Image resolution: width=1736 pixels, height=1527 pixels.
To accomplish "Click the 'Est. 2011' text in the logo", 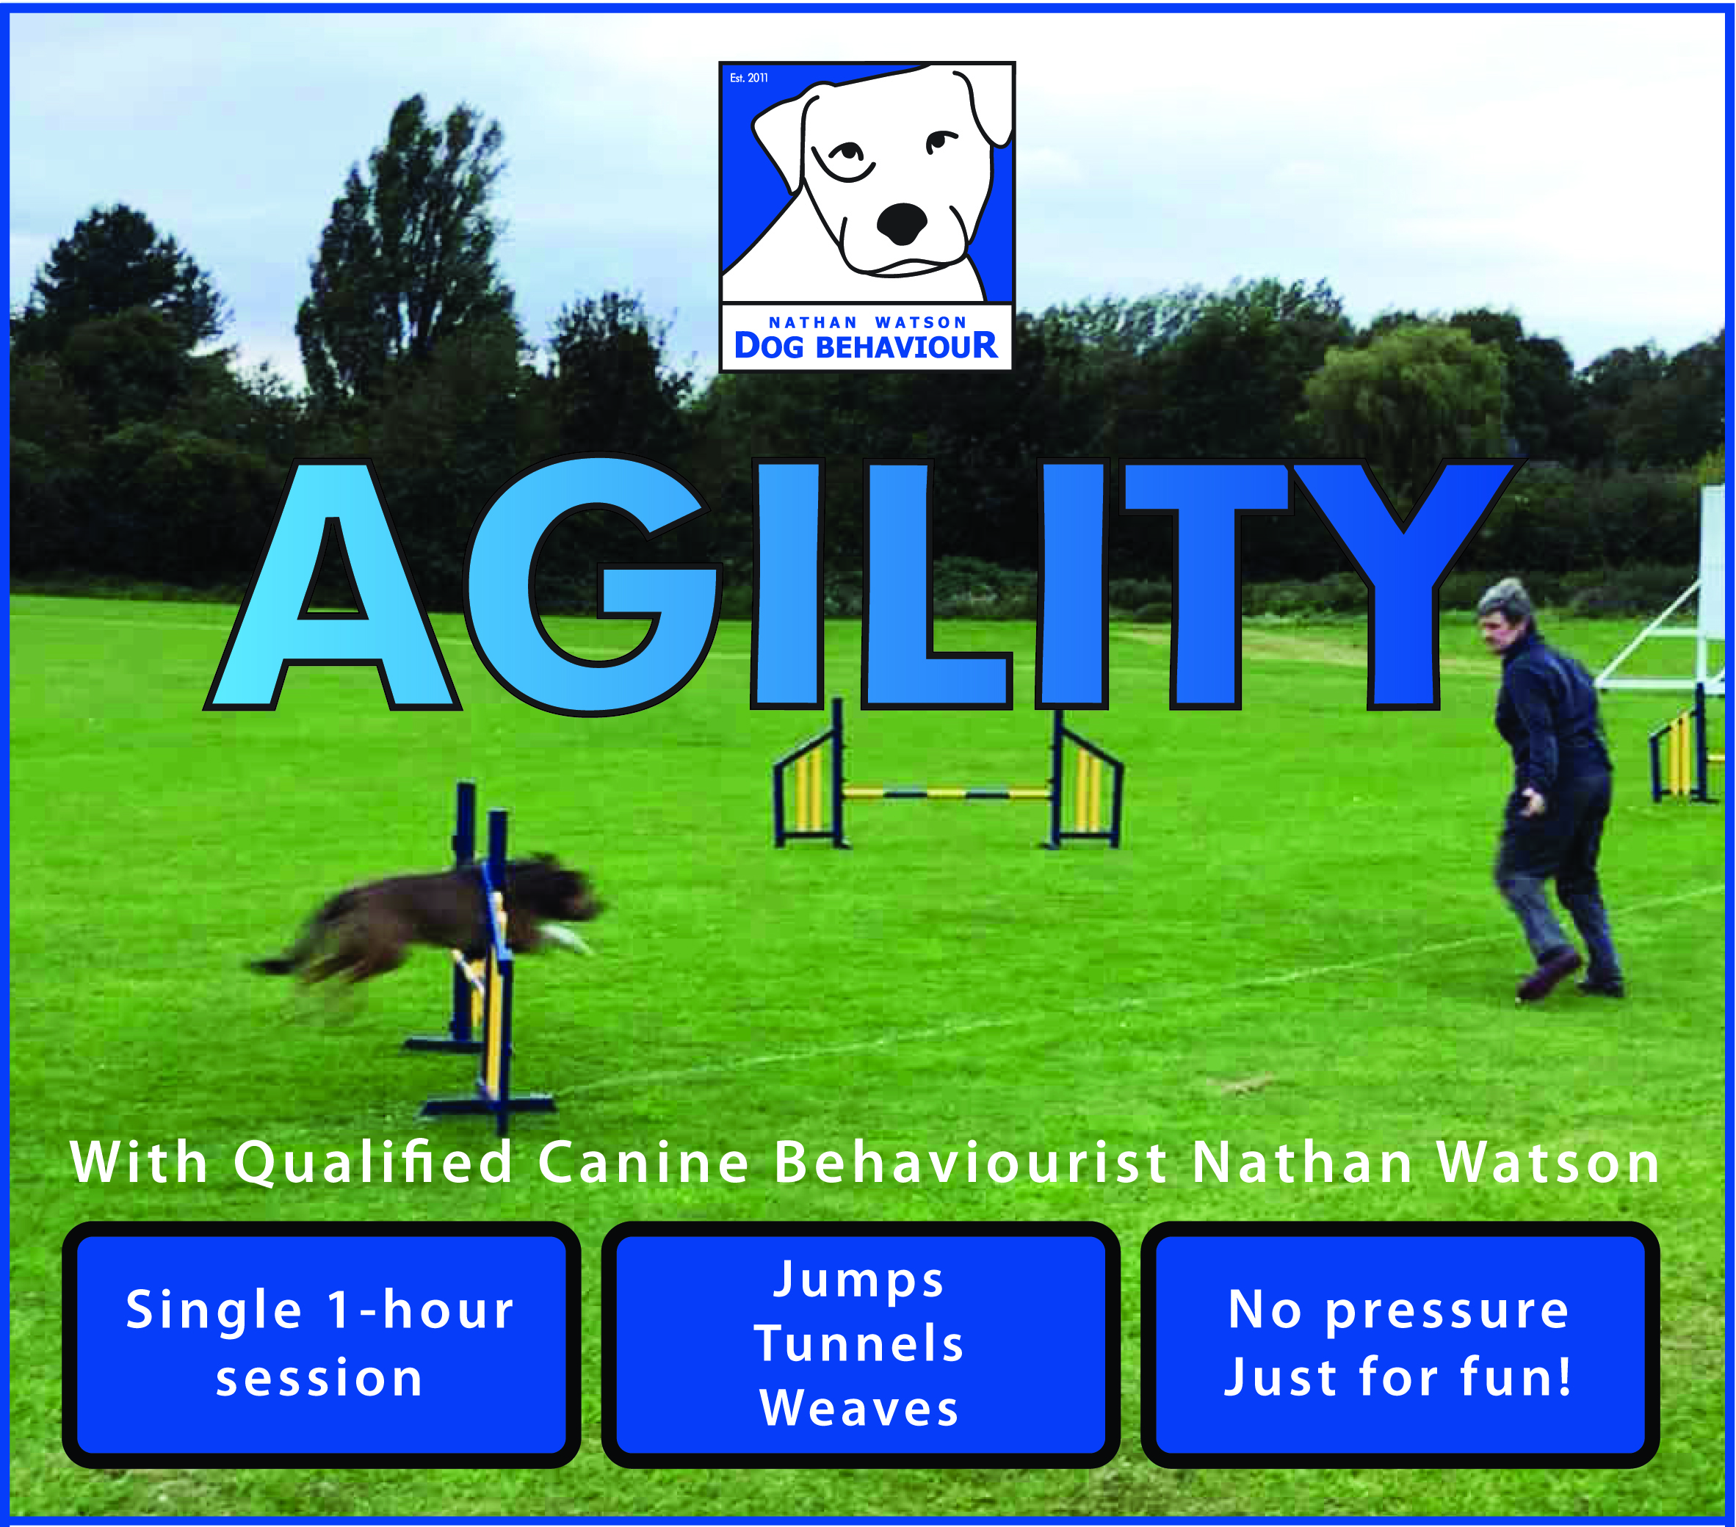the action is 748,78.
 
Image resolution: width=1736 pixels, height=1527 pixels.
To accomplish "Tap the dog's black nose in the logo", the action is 901,223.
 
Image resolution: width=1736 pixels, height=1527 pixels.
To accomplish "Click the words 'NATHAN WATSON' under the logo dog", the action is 867,323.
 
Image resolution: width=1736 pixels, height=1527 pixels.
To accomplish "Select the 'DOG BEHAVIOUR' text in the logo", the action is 866,347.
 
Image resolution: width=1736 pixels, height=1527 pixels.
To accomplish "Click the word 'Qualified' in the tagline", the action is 373,1164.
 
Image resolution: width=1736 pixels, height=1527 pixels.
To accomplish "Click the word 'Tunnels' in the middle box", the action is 859,1343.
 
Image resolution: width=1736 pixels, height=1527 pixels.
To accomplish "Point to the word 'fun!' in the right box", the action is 1515,1377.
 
